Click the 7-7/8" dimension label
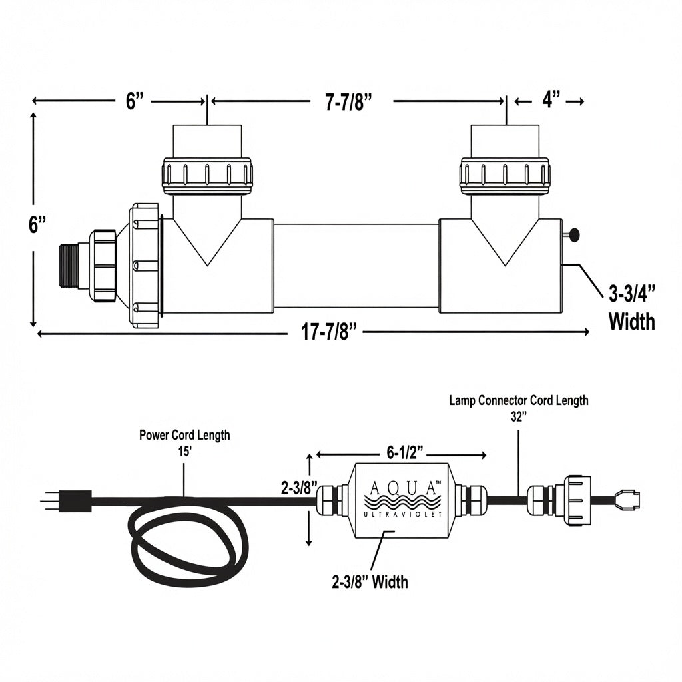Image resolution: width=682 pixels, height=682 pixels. point(349,101)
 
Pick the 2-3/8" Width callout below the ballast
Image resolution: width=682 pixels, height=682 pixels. point(370,581)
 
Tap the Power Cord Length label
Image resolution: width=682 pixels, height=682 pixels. point(184,434)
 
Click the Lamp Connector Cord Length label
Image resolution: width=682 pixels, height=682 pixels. point(518,400)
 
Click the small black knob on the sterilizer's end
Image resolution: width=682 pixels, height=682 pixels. point(574,235)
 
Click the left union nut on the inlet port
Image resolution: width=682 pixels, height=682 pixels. point(207,176)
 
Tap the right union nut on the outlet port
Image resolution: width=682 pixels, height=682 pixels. point(505,176)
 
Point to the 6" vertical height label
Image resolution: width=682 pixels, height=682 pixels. point(37,225)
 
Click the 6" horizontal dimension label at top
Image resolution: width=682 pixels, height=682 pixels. point(135,101)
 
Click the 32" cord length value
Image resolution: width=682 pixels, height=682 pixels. point(519,416)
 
